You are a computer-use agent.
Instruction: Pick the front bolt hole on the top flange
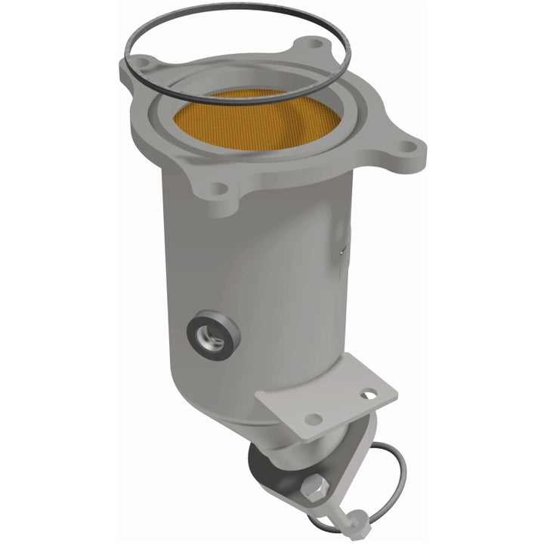218,189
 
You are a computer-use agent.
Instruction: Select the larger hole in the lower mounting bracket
313,419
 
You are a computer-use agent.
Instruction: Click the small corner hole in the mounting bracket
367,394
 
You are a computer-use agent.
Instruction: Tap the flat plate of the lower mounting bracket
332,404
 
